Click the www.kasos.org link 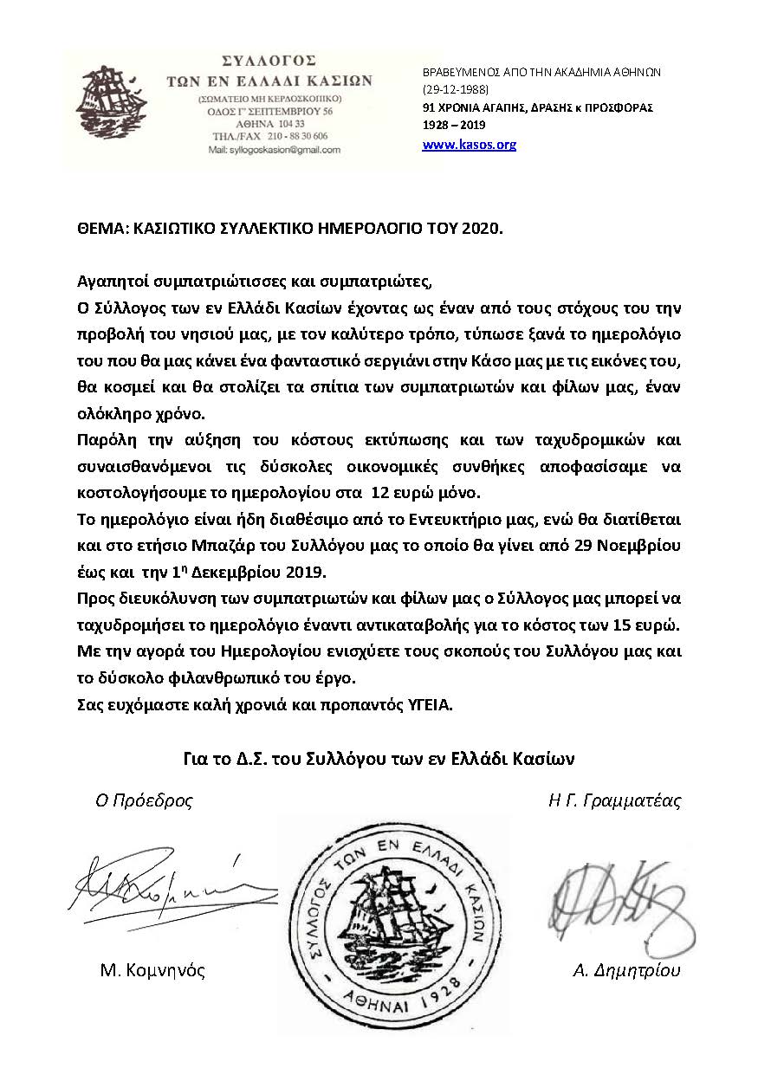(469, 145)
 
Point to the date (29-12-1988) (456, 90)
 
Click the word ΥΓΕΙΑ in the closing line (429, 705)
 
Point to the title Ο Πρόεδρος (144, 800)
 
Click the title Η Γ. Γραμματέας (614, 800)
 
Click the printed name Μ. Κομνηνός (152, 970)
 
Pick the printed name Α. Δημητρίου (626, 970)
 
